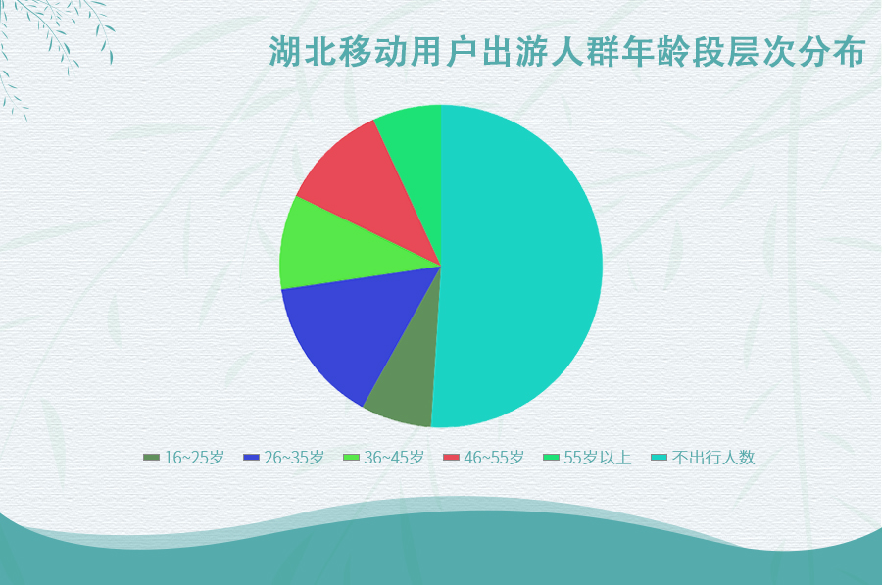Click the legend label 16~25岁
194,458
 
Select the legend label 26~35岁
294,458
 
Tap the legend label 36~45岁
394,458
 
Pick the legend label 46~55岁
494,458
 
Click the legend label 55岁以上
598,458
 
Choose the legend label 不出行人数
712,458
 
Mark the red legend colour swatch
451,458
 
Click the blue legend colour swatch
252,458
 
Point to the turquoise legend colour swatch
659,458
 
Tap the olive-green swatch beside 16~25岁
151,458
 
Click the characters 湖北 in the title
303,52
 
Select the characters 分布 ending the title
831,52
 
